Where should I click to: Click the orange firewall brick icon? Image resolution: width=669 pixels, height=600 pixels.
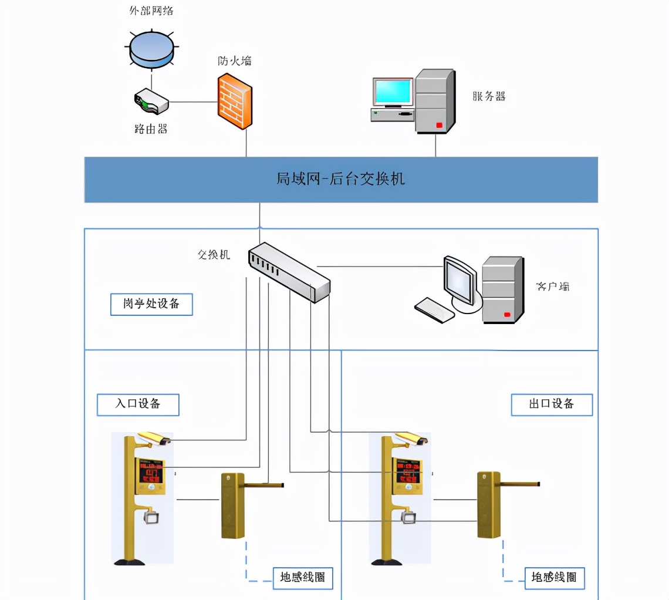tap(235, 100)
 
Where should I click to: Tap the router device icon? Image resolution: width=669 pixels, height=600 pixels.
tap(151, 101)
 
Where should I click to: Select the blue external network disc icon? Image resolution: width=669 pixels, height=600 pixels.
tap(152, 50)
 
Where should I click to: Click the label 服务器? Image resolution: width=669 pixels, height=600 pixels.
tap(489, 96)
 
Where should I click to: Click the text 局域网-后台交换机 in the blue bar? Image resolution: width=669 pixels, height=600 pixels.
tap(340, 178)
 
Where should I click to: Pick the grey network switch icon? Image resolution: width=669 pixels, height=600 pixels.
tap(290, 272)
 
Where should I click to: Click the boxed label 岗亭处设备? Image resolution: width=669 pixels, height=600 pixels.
tap(151, 304)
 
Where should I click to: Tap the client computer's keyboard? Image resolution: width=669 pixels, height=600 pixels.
tap(434, 309)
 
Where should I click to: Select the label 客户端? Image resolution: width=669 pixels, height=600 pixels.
tap(552, 286)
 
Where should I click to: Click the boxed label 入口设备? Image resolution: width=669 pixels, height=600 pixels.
tap(137, 405)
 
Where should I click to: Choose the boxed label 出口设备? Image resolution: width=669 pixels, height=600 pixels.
tap(551, 405)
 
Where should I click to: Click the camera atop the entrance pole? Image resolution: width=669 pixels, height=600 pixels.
tap(154, 438)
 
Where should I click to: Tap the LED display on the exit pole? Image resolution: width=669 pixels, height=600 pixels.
tap(408, 471)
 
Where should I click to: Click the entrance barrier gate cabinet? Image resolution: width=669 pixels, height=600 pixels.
tap(232, 505)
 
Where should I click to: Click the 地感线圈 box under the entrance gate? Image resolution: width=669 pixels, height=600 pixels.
tap(302, 578)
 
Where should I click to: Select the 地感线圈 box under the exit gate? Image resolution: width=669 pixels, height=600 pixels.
tap(554, 577)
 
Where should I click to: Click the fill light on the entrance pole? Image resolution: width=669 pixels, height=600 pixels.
tap(152, 518)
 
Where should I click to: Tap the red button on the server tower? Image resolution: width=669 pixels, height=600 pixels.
tap(438, 124)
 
